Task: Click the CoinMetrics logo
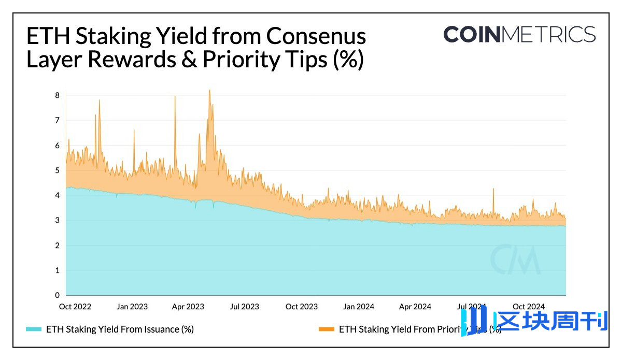coord(519,35)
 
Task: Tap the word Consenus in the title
coord(316,37)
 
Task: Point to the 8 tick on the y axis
coord(57,95)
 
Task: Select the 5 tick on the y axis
coord(57,170)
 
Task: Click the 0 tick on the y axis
coord(57,295)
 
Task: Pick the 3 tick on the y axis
coord(57,220)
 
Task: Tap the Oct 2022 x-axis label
coord(75,307)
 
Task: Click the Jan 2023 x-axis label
coord(132,307)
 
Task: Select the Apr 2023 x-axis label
coord(188,307)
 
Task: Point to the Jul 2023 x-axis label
coord(244,307)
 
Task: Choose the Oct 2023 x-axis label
coord(302,307)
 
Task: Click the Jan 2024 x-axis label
coord(359,307)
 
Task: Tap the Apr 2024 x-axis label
coord(415,307)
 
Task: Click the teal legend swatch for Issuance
coord(33,329)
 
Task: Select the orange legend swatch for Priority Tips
coord(327,329)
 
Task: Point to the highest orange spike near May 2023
coord(209,91)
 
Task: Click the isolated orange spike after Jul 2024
coord(493,190)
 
